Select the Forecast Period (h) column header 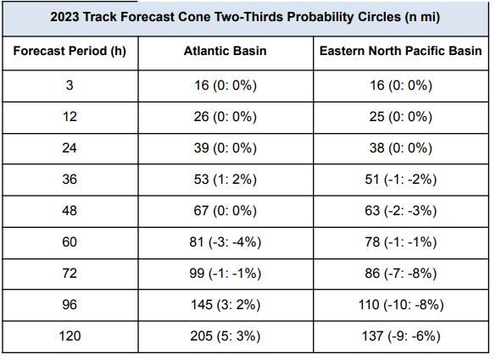pyautogui.click(x=70, y=51)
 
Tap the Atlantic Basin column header pyautogui.click(x=225, y=51)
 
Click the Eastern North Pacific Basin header pyautogui.click(x=400, y=51)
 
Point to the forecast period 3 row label pyautogui.click(x=70, y=86)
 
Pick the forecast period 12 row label pyautogui.click(x=70, y=117)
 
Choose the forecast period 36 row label pyautogui.click(x=70, y=180)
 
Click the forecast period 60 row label pyautogui.click(x=70, y=242)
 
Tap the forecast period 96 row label pyautogui.click(x=70, y=305)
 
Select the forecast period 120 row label pyautogui.click(x=70, y=336)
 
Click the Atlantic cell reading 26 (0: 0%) pyautogui.click(x=225, y=117)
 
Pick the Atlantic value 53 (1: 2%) pyautogui.click(x=225, y=180)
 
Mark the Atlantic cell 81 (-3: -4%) pyautogui.click(x=225, y=242)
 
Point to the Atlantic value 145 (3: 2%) pyautogui.click(x=225, y=305)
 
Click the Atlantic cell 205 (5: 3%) pyautogui.click(x=225, y=336)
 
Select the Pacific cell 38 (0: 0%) pyautogui.click(x=400, y=148)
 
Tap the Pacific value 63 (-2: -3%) pyautogui.click(x=400, y=211)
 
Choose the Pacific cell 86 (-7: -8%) pyautogui.click(x=400, y=274)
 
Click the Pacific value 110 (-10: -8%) pyautogui.click(x=400, y=305)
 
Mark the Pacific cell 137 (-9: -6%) pyautogui.click(x=400, y=336)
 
